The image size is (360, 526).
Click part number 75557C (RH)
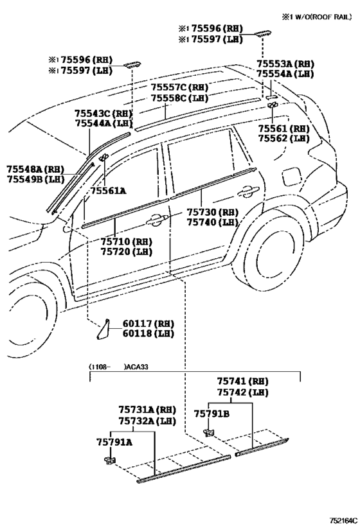pyautogui.click(x=179, y=87)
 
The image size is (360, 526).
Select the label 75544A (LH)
pyautogui.click(x=104, y=124)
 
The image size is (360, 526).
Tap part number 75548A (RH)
pyautogui.click(x=35, y=169)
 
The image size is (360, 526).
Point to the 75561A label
pyautogui.click(x=108, y=191)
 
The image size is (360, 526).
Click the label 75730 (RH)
pyautogui.click(x=213, y=213)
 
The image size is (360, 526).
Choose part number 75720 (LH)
pyautogui.click(x=126, y=252)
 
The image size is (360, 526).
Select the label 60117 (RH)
pyautogui.click(x=148, y=324)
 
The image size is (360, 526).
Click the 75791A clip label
pyautogui.click(x=114, y=443)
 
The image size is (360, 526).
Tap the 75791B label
pyautogui.click(x=212, y=414)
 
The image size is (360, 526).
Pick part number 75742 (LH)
pyautogui.click(x=242, y=392)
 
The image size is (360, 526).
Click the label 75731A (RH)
pyautogui.click(x=147, y=410)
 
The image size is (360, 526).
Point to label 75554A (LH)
pyautogui.click(x=285, y=74)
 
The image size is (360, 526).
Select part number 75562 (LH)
pyautogui.click(x=283, y=139)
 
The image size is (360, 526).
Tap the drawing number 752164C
pyautogui.click(x=343, y=520)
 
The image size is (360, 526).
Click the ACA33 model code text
pyautogui.click(x=137, y=367)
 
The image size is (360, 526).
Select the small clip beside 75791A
pyautogui.click(x=109, y=460)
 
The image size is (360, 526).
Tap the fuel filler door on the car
pyautogui.click(x=291, y=177)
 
